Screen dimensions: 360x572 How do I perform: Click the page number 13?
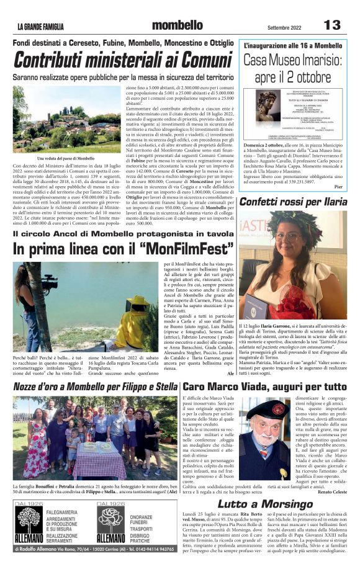[x=333, y=25]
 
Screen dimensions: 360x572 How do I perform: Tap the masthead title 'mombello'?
[x=177, y=25]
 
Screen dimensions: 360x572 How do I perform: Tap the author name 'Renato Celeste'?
[x=334, y=491]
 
